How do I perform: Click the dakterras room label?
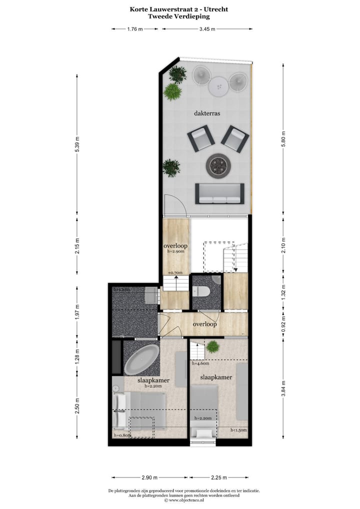(x=207, y=113)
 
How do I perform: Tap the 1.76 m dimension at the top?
(x=135, y=29)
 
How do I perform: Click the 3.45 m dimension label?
(x=207, y=29)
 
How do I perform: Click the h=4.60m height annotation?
(x=200, y=364)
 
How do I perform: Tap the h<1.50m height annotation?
(x=238, y=430)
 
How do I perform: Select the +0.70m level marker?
(x=175, y=273)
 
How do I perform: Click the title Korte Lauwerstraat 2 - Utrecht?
(x=179, y=8)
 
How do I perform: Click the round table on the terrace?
(x=218, y=87)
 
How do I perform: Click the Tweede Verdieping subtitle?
(x=179, y=16)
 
